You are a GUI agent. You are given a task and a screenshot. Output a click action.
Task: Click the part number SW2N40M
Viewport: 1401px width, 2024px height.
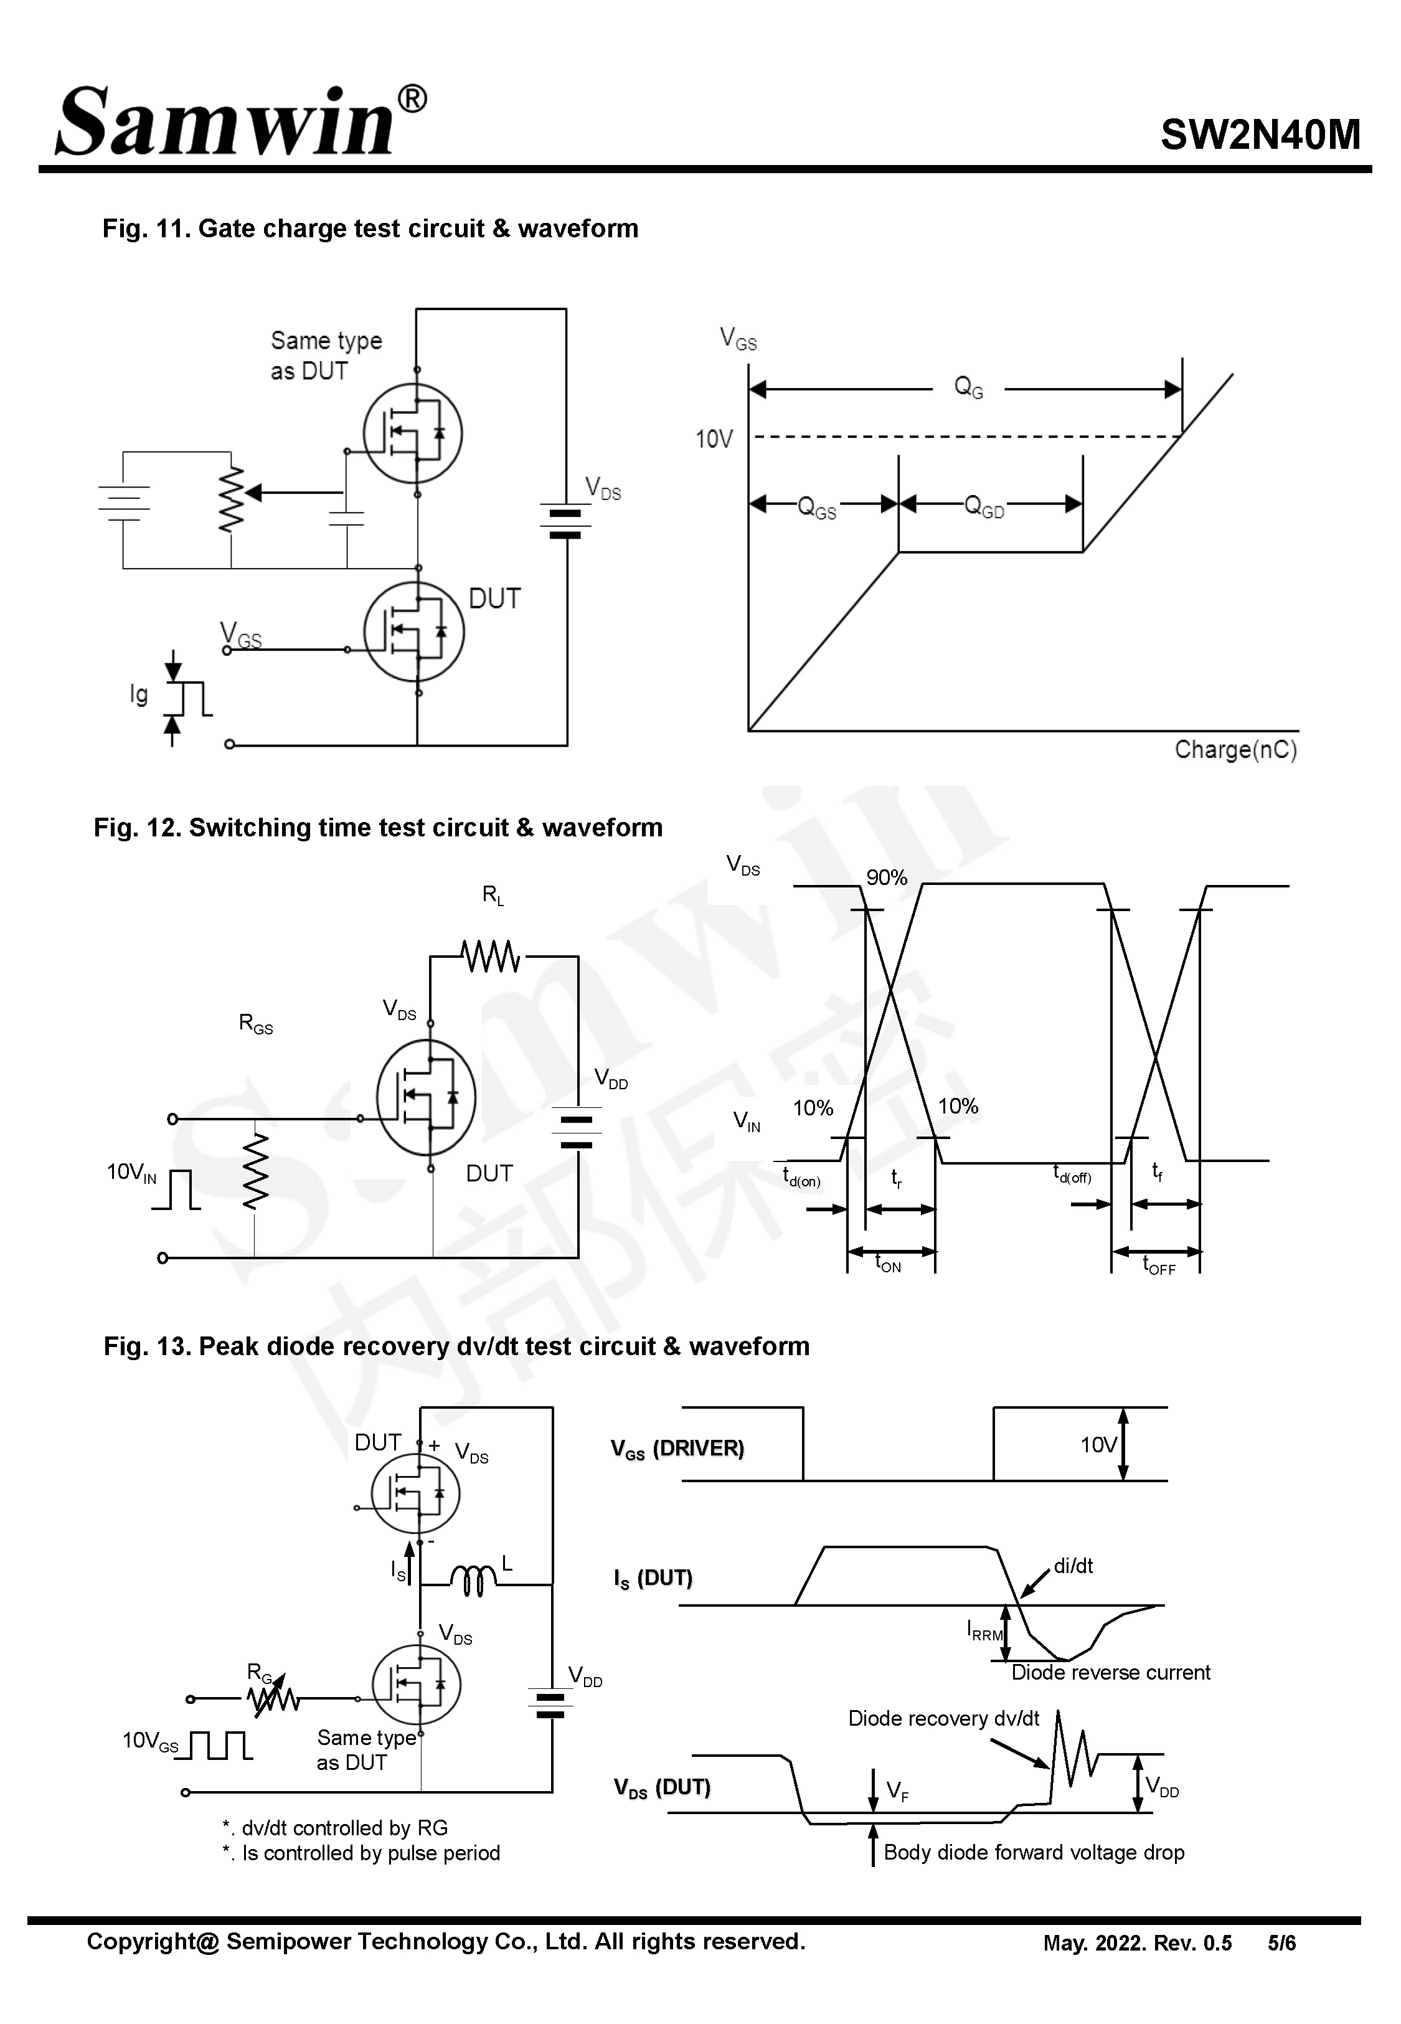[1260, 135]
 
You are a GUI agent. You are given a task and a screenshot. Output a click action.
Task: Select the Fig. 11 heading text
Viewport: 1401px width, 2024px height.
[370, 229]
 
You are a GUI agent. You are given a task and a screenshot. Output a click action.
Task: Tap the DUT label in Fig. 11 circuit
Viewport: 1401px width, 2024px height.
[494, 600]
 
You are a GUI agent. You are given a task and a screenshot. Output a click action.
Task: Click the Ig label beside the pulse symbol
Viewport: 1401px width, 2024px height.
[139, 694]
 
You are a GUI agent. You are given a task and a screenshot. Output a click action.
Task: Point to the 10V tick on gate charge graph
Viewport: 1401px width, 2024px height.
[714, 439]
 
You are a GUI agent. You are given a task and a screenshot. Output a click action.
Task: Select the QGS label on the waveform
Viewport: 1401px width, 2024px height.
[816, 508]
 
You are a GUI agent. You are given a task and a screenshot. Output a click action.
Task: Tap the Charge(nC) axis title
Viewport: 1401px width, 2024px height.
[1235, 750]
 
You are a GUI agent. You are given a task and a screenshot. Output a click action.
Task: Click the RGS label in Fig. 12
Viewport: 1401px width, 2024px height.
[255, 1023]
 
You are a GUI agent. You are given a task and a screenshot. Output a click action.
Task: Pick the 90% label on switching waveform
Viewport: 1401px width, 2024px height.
[887, 877]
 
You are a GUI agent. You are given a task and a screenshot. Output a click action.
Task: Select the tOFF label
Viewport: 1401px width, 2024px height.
[1159, 1265]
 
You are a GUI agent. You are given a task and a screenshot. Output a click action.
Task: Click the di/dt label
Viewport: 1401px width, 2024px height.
[1073, 1566]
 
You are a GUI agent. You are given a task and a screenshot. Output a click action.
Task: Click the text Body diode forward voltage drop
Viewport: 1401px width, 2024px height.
[1033, 1852]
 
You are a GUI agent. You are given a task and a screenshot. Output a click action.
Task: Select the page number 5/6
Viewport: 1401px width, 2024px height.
[1281, 1942]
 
